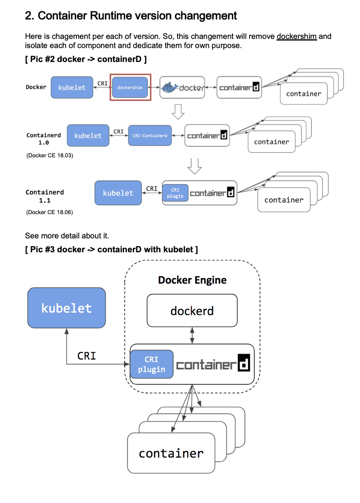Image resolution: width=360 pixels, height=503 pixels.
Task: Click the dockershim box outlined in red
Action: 130,87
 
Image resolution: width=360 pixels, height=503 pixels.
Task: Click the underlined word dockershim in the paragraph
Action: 296,37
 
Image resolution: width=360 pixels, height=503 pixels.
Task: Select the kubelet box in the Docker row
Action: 72,87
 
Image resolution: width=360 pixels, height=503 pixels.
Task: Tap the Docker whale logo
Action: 168,88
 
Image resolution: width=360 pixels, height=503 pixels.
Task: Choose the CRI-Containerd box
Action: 150,135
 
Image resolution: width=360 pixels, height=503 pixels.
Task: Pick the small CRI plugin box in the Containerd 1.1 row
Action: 175,193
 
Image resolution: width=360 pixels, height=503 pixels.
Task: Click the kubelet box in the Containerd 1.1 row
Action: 118,193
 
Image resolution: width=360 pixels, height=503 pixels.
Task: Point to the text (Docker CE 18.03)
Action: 50,155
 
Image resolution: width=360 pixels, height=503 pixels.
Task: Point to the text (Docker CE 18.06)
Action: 50,212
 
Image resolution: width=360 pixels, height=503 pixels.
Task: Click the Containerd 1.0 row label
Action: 44,139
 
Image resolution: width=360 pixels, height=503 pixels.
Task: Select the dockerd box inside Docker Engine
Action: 192,310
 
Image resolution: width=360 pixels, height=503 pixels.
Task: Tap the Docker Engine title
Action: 192,280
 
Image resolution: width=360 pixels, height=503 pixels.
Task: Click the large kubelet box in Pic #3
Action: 66,308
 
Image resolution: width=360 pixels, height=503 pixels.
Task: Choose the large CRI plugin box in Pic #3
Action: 151,364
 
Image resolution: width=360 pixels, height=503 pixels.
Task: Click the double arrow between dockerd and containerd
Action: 192,335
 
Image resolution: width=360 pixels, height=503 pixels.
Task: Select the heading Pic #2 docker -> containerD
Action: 85,60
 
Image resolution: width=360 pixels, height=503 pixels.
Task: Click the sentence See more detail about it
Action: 67,236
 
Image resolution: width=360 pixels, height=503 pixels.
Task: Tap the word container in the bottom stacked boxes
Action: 171,453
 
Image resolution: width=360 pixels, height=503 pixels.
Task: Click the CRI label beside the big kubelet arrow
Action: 87,356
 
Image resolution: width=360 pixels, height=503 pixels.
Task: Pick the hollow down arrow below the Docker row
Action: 178,112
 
